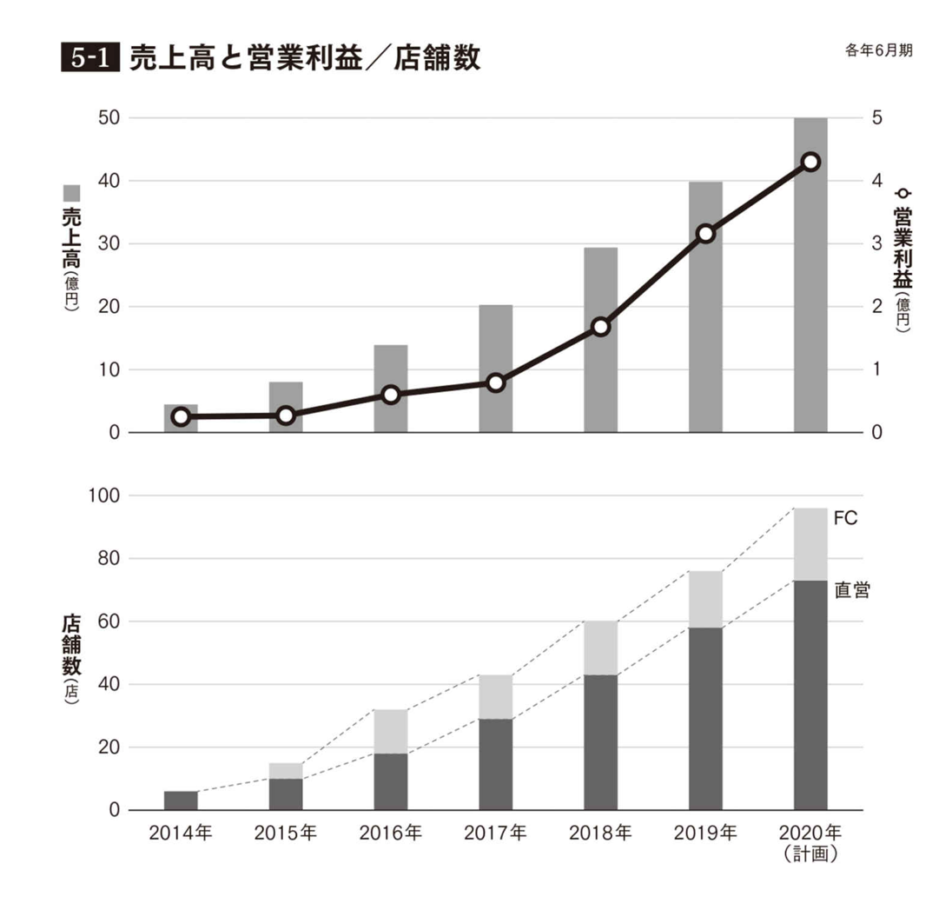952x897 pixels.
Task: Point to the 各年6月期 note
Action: [x=877, y=50]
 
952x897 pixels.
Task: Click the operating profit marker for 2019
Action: [x=705, y=233]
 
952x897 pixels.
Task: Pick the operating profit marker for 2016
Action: [x=391, y=395]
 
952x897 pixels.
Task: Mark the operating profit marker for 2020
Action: [x=810, y=162]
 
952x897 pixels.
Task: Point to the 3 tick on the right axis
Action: [x=876, y=243]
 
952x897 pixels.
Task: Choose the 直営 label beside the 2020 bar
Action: [x=851, y=591]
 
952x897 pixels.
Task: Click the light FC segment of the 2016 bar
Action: [x=391, y=732]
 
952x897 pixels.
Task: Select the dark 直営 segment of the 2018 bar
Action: [x=600, y=742]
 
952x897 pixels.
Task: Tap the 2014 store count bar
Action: [x=181, y=801]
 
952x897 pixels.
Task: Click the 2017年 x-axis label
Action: [x=495, y=834]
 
